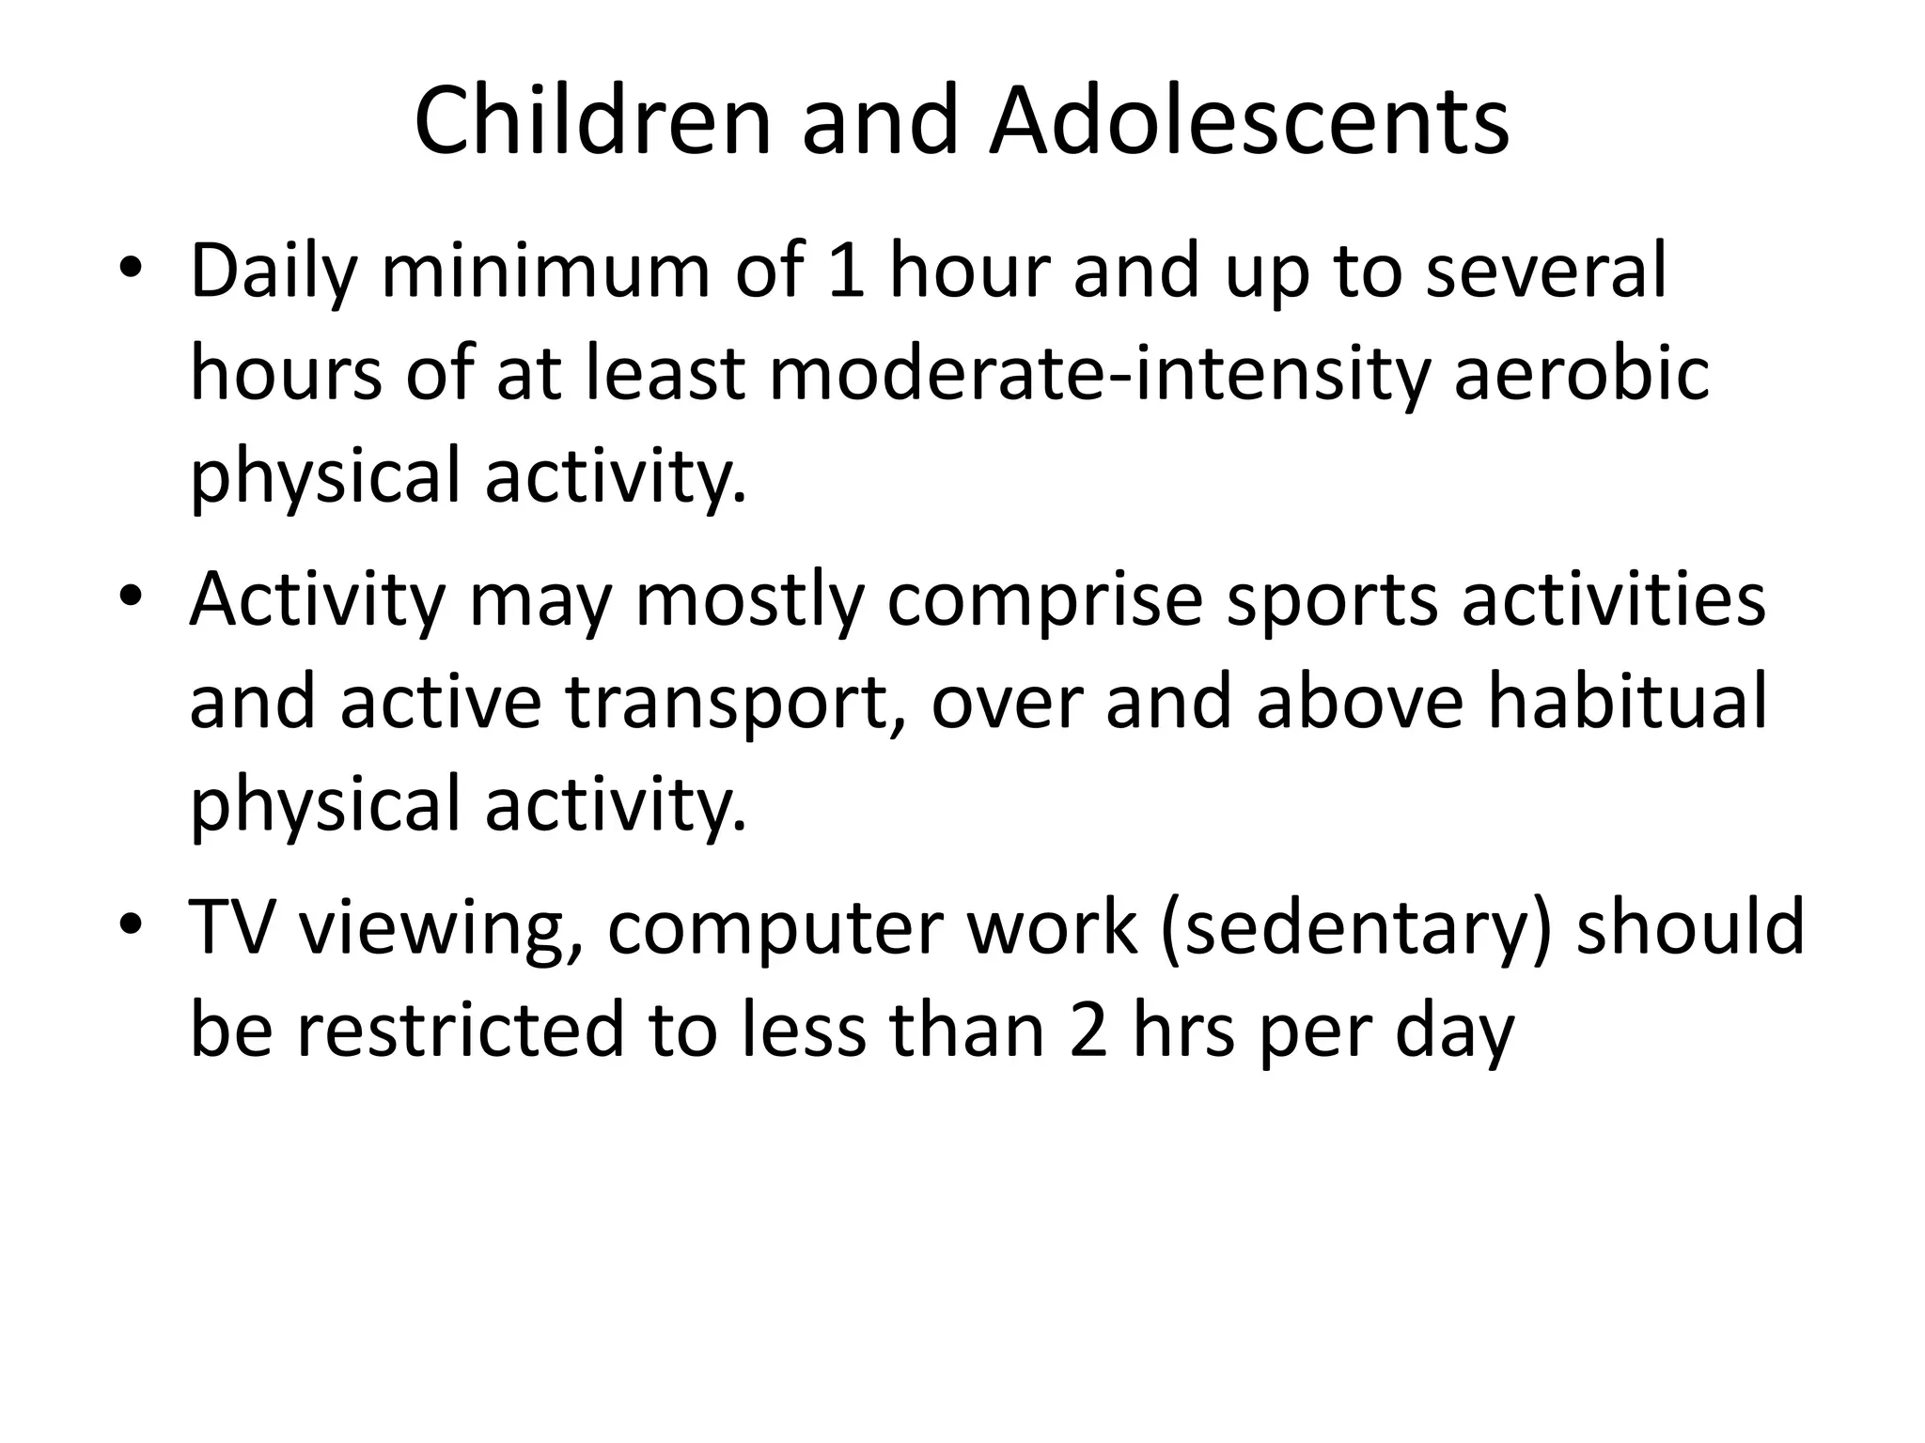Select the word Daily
pos(274,272)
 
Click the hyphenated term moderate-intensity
pos(1103,374)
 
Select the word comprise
pos(1044,602)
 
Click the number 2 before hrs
pos(1089,1029)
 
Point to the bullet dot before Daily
pos(131,270)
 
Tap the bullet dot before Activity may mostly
pos(131,598)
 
